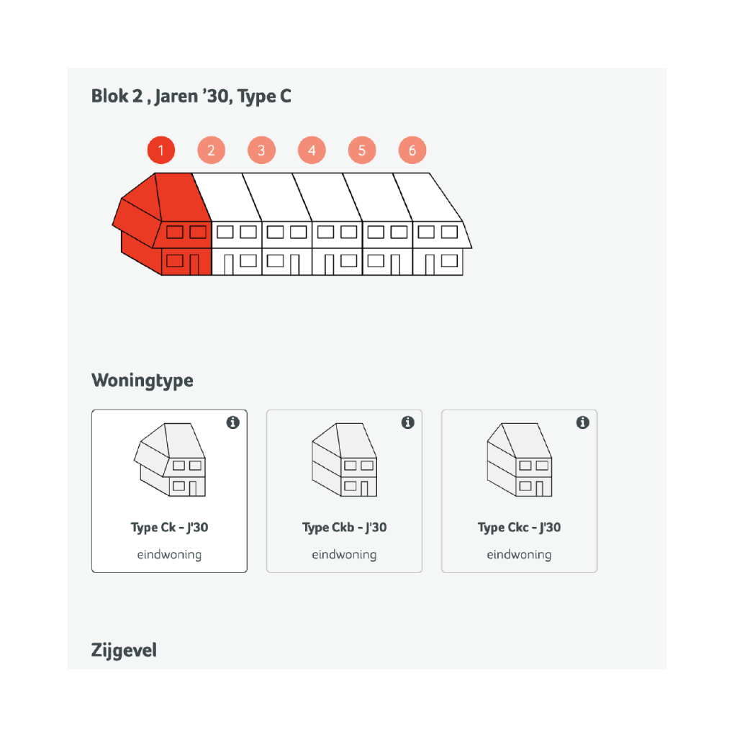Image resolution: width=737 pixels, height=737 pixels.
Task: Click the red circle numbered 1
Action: [x=161, y=150]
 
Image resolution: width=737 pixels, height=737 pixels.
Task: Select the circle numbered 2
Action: [x=212, y=150]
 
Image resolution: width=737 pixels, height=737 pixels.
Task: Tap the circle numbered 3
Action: [x=262, y=150]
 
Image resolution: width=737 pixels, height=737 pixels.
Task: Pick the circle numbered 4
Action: [x=312, y=150]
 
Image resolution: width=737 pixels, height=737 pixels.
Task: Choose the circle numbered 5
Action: [x=362, y=150]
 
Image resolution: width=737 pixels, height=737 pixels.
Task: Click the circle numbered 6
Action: [x=412, y=150]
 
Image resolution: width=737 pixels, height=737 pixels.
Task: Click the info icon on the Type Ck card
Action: [x=233, y=422]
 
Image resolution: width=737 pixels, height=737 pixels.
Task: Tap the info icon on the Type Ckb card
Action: [x=408, y=422]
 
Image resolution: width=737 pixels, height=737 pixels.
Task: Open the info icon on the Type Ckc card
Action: [x=583, y=422]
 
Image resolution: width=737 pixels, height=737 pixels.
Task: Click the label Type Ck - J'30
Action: [x=170, y=528]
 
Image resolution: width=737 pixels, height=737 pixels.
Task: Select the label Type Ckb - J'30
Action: [x=345, y=528]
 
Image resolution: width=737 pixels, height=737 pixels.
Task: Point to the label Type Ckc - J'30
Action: [x=520, y=528]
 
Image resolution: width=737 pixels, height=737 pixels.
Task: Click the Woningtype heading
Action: [x=143, y=380]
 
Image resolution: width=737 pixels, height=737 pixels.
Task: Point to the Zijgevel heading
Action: [x=124, y=651]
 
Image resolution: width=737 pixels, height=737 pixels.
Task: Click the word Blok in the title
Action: [x=110, y=96]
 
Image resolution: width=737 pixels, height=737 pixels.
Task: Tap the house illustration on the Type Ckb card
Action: [x=345, y=460]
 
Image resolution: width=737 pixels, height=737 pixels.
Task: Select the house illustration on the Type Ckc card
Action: [x=520, y=460]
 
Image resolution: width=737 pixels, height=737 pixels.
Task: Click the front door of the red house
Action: [x=194, y=265]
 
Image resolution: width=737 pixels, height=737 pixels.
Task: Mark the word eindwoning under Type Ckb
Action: [x=345, y=555]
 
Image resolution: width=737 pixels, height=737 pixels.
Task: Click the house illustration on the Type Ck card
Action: [x=170, y=460]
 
